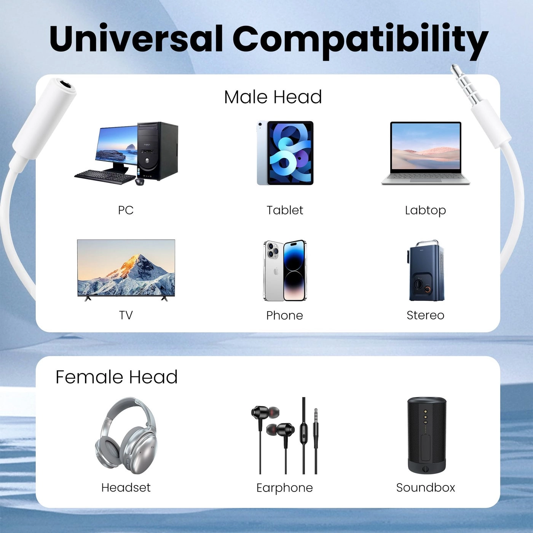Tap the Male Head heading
click(x=273, y=97)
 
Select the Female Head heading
click(x=116, y=377)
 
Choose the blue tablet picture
click(x=285, y=153)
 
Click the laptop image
click(x=426, y=153)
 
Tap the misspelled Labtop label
click(x=425, y=210)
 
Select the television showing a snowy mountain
click(x=126, y=268)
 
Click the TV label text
click(x=126, y=315)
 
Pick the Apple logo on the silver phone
click(x=276, y=271)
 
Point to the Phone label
click(x=284, y=315)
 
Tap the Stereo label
click(x=425, y=315)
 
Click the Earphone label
click(x=284, y=488)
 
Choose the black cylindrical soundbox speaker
click(x=426, y=435)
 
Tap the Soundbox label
click(x=425, y=488)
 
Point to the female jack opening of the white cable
click(x=64, y=84)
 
